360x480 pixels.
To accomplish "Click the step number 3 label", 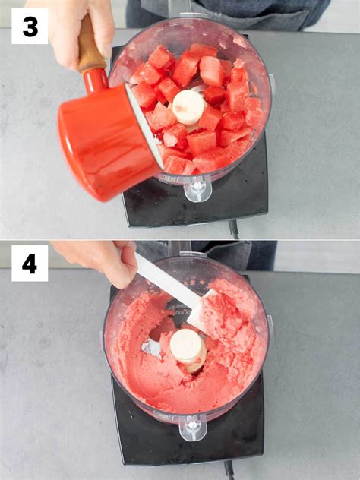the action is pos(30,26).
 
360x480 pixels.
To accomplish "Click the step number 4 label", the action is pos(30,263).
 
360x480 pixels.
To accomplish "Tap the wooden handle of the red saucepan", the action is pos(90,46).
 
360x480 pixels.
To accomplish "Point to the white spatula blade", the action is pos(201,309).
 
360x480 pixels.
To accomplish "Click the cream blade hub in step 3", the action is pos(188,108).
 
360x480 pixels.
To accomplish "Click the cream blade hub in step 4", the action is pos(188,349).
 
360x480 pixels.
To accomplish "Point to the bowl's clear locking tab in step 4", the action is pos(193,427).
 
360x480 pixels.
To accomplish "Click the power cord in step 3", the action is pos(234,229).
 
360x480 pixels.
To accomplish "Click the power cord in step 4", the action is pos(229,470).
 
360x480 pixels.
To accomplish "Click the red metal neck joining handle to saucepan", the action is pos(96,81).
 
